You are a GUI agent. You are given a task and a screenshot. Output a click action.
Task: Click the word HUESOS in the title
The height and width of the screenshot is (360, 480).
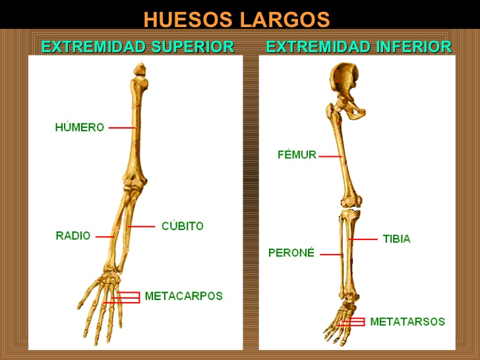pos(188,20)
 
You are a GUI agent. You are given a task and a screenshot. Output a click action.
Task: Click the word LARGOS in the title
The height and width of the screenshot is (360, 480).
pos(285,20)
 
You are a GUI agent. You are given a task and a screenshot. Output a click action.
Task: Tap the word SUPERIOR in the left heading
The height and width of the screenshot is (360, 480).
pos(193,47)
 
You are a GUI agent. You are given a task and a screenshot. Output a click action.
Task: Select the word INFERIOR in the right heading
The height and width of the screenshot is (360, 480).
pos(414,47)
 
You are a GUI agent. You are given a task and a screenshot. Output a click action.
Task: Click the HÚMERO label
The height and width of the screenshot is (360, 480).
pos(80,127)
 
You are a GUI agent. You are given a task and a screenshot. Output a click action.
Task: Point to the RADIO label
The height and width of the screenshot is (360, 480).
pos(73,236)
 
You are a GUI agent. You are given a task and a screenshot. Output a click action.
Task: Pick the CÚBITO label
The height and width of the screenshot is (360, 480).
pos(183,226)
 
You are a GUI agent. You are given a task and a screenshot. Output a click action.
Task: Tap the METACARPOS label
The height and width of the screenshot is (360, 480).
pos(184,296)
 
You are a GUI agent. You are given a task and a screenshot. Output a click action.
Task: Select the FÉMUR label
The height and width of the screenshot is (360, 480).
pos(297,154)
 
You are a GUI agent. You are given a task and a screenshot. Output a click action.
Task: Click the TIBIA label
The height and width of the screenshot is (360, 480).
pos(397,239)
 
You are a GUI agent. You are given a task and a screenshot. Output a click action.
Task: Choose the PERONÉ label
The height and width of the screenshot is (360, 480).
pos(291,253)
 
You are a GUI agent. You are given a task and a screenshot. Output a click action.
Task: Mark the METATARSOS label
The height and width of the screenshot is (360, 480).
pos(407,322)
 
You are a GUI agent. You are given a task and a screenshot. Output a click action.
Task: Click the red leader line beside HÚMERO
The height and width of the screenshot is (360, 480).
pos(122,128)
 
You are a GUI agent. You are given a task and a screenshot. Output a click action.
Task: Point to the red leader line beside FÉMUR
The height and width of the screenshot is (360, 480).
pos(330,156)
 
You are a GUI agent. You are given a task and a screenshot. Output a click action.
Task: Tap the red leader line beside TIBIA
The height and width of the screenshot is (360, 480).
pos(363,239)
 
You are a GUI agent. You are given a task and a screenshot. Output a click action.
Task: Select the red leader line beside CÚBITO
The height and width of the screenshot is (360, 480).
pos(141,227)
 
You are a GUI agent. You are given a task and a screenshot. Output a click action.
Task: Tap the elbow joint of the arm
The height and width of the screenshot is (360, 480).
pos(135,183)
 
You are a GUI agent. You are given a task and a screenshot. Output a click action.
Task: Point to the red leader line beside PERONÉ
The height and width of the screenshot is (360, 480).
pos(331,255)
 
